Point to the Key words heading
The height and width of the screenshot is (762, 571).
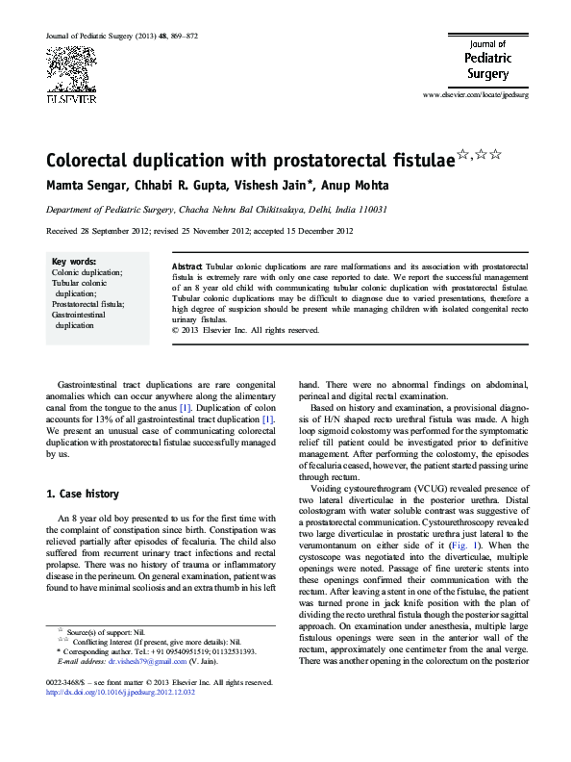[73, 262]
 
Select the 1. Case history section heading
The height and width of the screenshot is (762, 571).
[84, 495]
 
